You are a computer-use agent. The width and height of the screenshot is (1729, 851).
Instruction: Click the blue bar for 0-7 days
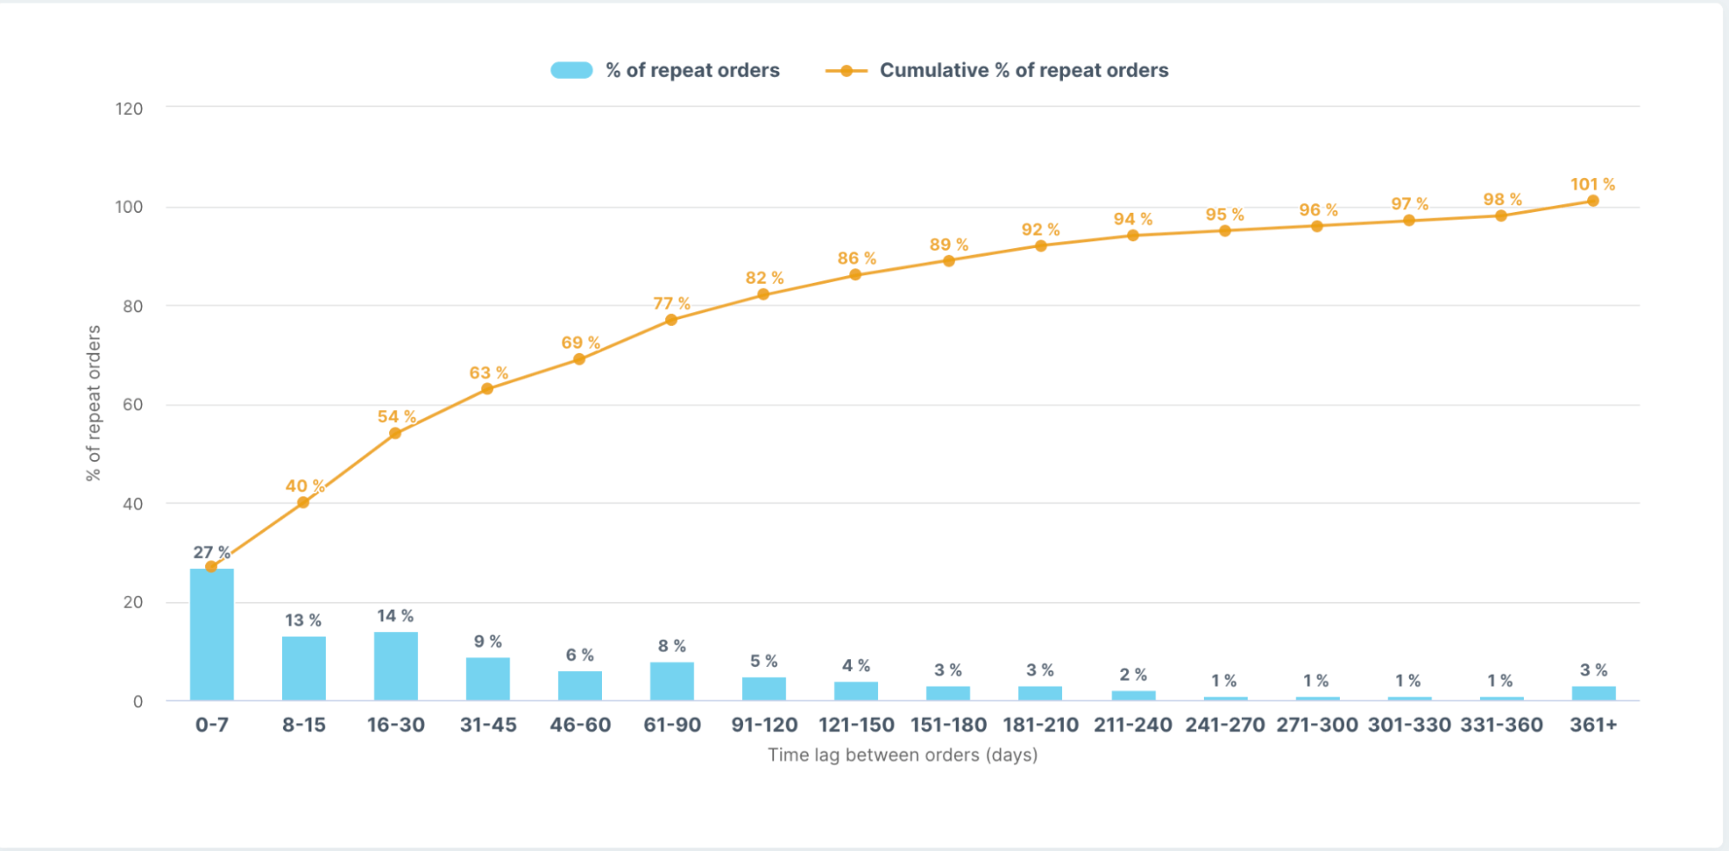(212, 634)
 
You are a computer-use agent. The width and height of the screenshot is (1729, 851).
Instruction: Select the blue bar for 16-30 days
(396, 666)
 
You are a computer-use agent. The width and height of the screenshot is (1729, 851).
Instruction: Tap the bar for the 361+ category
(1593, 693)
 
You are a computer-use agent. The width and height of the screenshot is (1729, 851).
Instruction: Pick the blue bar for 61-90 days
(672, 681)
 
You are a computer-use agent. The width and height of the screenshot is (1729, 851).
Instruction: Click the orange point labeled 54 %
(395, 433)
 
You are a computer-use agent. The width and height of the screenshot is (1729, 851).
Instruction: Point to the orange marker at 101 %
(1593, 201)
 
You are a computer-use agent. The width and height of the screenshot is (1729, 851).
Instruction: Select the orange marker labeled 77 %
(671, 320)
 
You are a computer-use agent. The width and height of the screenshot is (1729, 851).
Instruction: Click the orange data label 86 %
(856, 258)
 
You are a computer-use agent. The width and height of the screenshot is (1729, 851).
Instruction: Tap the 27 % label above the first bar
(212, 552)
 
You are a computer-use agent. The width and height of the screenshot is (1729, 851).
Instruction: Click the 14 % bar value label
(395, 616)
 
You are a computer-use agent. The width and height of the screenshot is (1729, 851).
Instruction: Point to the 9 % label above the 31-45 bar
(488, 642)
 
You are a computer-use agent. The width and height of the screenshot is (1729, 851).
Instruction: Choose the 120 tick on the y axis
(129, 109)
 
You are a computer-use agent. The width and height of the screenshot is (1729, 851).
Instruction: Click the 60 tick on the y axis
(132, 405)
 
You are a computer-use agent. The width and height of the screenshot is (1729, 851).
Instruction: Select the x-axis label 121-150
(856, 725)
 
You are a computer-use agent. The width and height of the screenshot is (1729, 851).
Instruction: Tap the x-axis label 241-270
(1225, 725)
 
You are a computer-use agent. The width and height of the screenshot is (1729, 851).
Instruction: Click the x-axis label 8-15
(304, 725)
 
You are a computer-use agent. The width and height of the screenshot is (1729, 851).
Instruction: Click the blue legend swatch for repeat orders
(572, 70)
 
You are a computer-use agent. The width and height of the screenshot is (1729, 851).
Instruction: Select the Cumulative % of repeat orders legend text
(1024, 70)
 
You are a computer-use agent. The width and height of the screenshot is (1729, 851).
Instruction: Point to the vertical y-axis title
(93, 403)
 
